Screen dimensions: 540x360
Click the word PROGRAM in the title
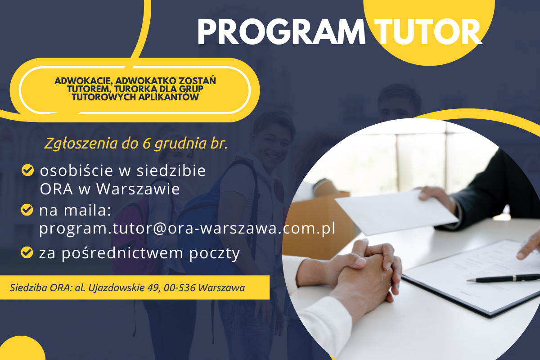pyautogui.click(x=281, y=31)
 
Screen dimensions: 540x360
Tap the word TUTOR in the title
pyautogui.click(x=428, y=31)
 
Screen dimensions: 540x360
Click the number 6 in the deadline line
pyautogui.click(x=147, y=144)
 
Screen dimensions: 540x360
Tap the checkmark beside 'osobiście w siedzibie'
pyautogui.click(x=28, y=170)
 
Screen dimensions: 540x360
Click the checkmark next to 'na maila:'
pyautogui.click(x=27, y=210)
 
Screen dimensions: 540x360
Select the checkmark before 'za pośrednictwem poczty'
pyautogui.click(x=27, y=252)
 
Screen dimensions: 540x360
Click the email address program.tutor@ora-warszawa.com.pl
pyautogui.click(x=187, y=228)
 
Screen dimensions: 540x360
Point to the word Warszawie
pyautogui.click(x=138, y=189)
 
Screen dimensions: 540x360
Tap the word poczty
pyautogui.click(x=215, y=254)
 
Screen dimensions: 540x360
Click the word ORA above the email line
pyautogui.click(x=56, y=189)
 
